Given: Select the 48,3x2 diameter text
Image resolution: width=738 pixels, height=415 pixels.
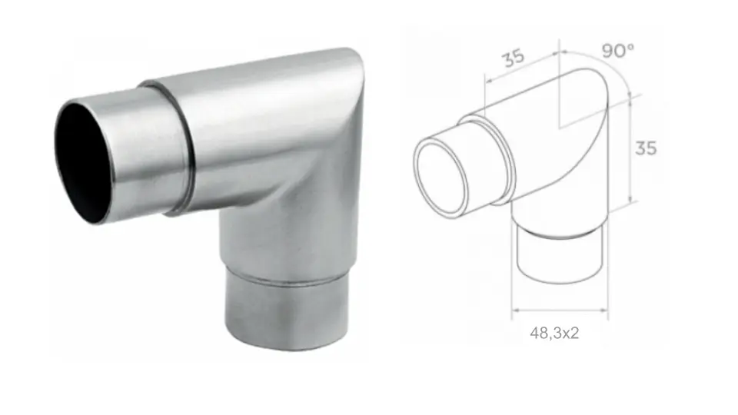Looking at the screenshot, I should coord(560,333).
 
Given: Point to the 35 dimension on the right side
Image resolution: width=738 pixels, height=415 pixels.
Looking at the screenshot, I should coord(646,148).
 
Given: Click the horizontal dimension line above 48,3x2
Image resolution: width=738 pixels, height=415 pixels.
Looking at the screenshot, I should coord(560,310).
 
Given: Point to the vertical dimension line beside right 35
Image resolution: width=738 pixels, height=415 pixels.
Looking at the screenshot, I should coord(630,148).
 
